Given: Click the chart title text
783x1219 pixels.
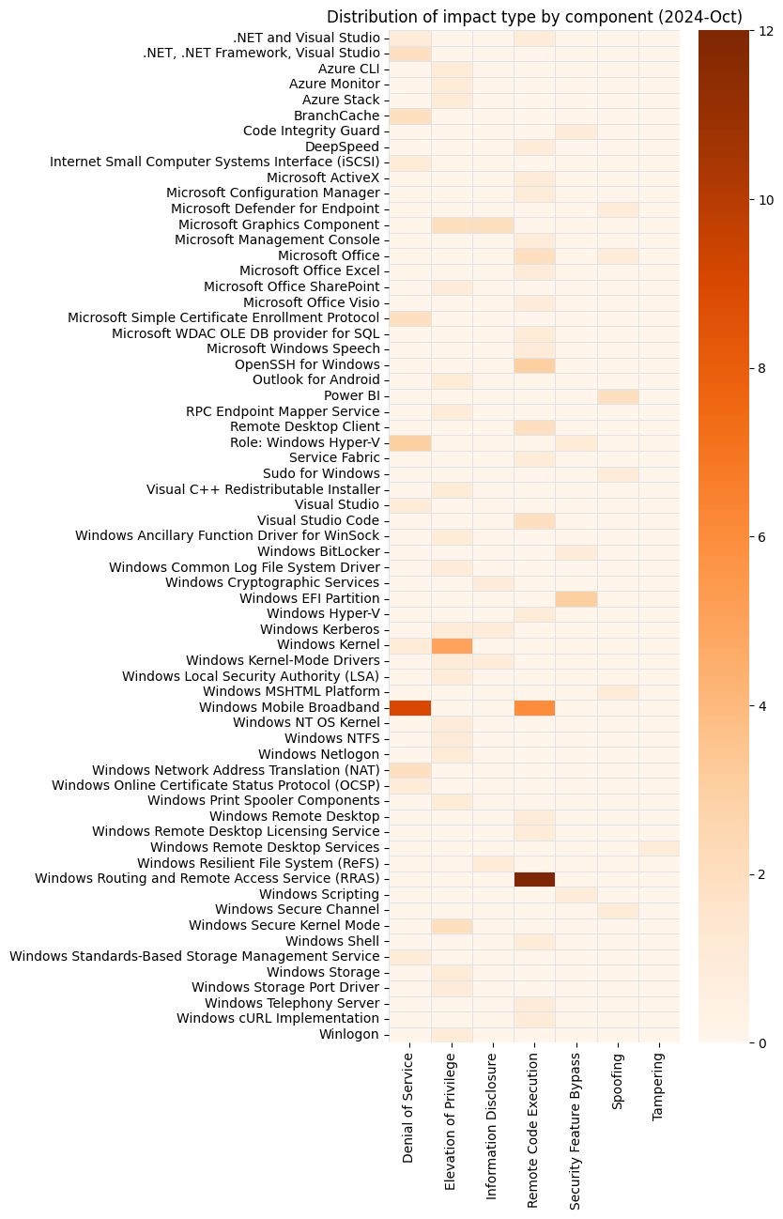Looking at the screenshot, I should pyautogui.click(x=534, y=17).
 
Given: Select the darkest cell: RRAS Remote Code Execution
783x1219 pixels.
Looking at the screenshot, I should pyautogui.click(x=534, y=879).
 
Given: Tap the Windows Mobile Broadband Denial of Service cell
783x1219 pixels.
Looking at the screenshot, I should pyautogui.click(x=410, y=707).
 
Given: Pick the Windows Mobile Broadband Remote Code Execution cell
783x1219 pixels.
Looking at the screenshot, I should pyautogui.click(x=534, y=707).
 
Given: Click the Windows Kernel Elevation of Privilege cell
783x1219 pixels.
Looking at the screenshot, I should pyautogui.click(x=452, y=645).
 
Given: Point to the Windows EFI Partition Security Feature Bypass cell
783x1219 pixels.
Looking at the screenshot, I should pyautogui.click(x=576, y=598).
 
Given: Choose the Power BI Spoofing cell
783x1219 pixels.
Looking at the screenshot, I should pyautogui.click(x=617, y=395).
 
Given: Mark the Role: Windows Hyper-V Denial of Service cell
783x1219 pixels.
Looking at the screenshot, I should pyautogui.click(x=410, y=442).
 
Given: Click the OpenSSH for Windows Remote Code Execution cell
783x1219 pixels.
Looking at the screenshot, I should pyautogui.click(x=534, y=364).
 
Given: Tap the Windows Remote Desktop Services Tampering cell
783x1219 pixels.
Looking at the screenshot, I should pyautogui.click(x=658, y=848).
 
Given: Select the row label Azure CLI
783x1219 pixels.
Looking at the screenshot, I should pyautogui.click(x=349, y=69).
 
